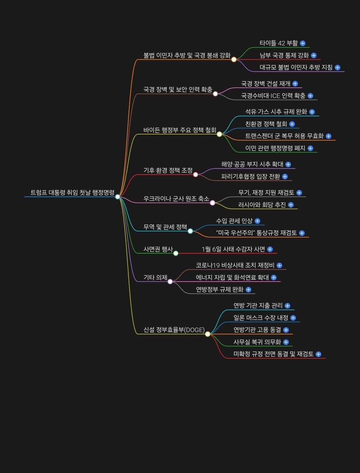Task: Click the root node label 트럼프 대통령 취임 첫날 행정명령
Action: [72, 192]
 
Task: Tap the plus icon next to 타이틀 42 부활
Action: [303, 43]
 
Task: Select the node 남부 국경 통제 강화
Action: [284, 55]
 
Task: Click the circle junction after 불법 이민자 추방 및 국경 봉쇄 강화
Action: [234, 60]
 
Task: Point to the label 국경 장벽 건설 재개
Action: [265, 84]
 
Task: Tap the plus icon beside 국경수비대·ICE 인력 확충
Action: [310, 96]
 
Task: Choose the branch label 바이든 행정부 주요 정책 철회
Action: [179, 130]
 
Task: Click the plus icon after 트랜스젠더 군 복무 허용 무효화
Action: [328, 136]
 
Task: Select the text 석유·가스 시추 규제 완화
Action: [276, 112]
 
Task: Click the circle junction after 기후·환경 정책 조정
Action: [196, 175]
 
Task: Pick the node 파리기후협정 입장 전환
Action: [250, 176]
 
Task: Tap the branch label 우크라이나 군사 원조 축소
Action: [176, 199]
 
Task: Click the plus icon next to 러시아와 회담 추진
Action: [291, 205]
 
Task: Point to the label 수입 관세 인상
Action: [234, 221]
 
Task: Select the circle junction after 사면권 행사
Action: [176, 253]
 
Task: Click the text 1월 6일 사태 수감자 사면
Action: [233, 249]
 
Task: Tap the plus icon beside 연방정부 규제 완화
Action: [248, 290]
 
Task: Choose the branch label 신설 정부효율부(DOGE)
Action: [174, 330]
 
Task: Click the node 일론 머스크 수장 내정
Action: [261, 318]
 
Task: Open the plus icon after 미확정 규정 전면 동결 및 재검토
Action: [318, 354]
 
